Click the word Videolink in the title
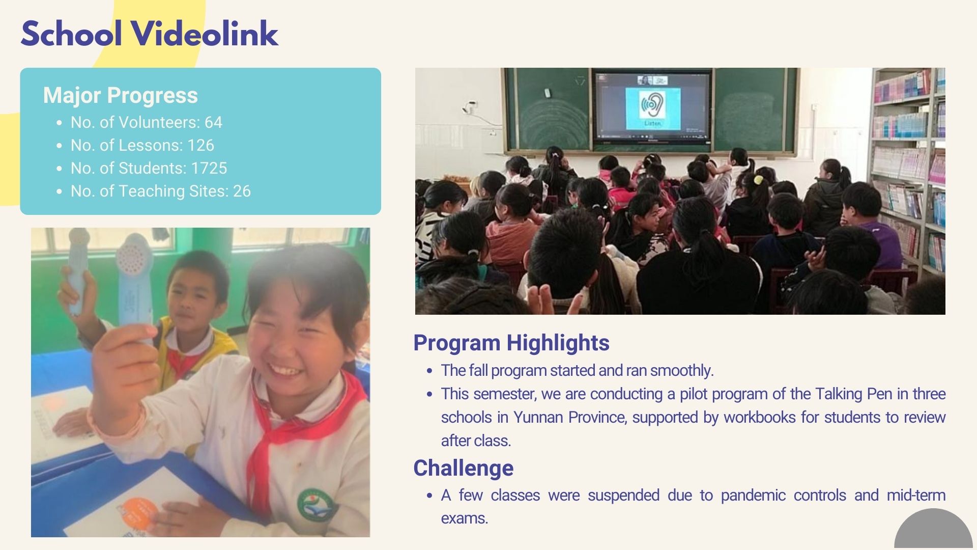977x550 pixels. tap(205, 34)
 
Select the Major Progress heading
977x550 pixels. tap(121, 95)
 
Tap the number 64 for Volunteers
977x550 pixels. tap(213, 122)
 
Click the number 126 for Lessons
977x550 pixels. tap(200, 145)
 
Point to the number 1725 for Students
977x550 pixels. tap(209, 168)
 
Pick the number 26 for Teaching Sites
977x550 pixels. tap(242, 191)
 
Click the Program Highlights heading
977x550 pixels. tap(511, 343)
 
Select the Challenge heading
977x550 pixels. tap(464, 468)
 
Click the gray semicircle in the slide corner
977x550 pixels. tap(934, 532)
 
